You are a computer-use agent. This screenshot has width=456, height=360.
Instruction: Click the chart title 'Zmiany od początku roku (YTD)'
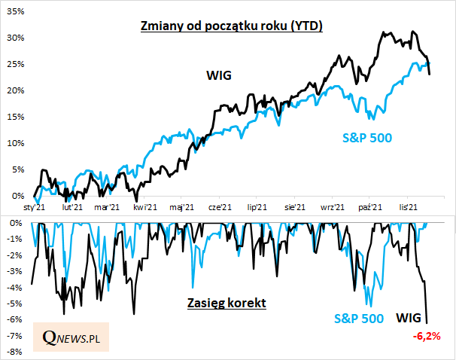pos(232,26)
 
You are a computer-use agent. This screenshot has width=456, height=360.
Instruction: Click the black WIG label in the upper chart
pos(219,75)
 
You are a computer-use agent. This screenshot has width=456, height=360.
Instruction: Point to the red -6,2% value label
pos(427,334)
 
